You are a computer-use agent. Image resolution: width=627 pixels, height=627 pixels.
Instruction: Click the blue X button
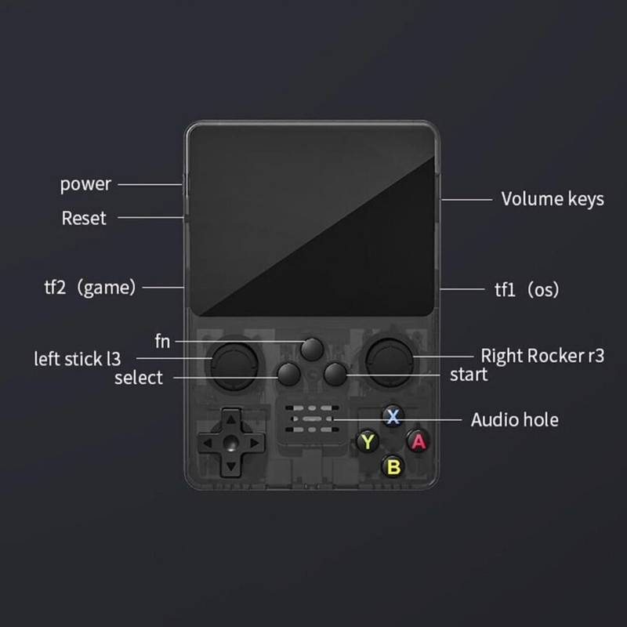coord(393,414)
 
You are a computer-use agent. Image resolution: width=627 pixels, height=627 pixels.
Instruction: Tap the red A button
coord(419,440)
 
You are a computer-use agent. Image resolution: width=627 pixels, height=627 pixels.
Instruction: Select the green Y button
coord(367,441)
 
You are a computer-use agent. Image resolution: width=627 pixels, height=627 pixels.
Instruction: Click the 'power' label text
coord(85,185)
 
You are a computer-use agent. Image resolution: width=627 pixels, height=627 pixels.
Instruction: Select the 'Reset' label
coord(84,218)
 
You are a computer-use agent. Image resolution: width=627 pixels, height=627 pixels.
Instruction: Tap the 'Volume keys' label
coord(553,198)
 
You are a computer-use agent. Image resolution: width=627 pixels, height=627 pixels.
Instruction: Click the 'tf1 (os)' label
coord(526,289)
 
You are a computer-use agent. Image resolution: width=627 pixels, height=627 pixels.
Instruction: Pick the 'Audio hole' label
coord(514,419)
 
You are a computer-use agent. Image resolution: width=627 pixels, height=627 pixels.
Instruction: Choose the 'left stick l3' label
coord(78,359)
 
